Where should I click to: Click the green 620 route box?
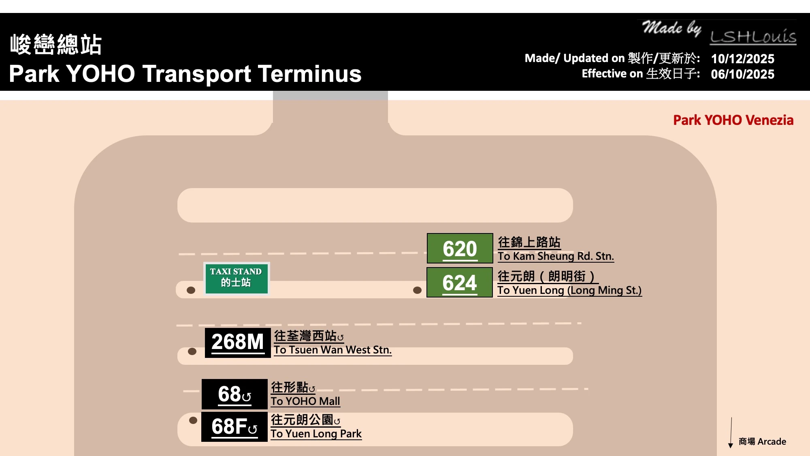pos(460,248)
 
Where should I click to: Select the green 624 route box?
pos(460,283)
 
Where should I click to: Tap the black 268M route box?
pos(238,343)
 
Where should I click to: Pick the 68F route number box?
pos(234,426)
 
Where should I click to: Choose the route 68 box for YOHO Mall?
pos(234,394)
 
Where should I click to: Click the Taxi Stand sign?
pos(236,278)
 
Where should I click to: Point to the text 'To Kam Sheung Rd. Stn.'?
pos(556,256)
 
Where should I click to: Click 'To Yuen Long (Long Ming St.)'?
pos(569,290)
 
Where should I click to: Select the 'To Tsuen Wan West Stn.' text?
pos(333,350)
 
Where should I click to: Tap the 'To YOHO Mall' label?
pos(305,401)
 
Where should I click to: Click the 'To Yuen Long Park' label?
pos(316,434)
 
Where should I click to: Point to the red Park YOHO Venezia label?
pos(733,120)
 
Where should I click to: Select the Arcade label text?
pos(762,441)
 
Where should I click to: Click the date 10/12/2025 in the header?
pos(742,59)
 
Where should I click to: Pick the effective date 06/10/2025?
pos(742,74)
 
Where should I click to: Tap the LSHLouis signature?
pos(753,36)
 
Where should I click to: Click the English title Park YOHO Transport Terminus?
pos(185,74)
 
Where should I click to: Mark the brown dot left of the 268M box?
pos(192,351)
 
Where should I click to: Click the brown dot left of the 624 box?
pos(417,290)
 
